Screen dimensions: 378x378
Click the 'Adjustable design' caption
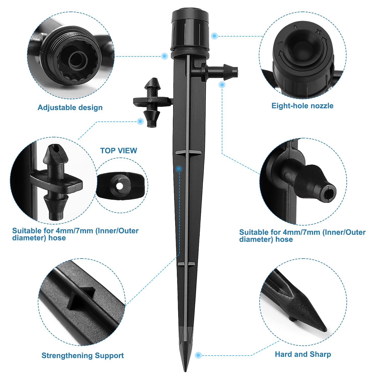point(70,108)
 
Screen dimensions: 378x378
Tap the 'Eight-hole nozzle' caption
point(302,106)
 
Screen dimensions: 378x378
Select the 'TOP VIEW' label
point(119,150)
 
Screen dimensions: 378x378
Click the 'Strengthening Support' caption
point(83,355)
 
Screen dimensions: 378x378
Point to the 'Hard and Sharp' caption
point(303,354)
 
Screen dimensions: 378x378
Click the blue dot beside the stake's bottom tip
point(198,355)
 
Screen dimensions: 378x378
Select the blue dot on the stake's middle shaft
point(179,168)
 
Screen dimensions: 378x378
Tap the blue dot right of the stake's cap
point(214,36)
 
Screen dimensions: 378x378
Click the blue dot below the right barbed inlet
point(222,85)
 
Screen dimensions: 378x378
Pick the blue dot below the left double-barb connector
point(141,121)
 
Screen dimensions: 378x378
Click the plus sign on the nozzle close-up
point(319,32)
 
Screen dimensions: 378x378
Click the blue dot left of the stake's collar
point(165,56)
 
